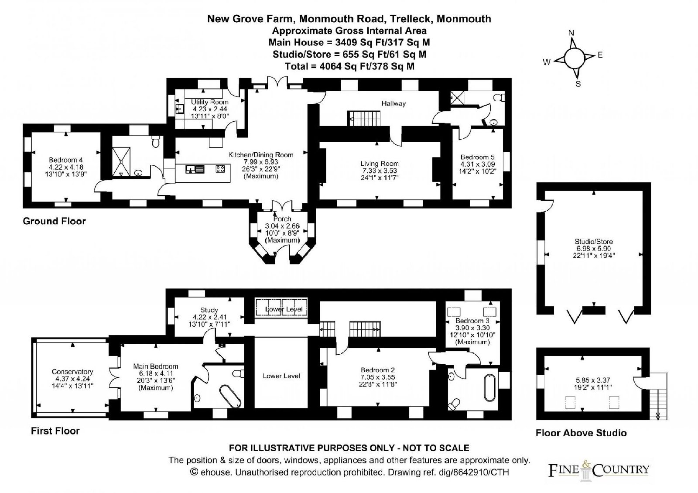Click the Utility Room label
coord(210,102)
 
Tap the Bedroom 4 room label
coord(66,160)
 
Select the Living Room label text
coord(380,164)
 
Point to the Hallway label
coord(393,103)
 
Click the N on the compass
coord(571,33)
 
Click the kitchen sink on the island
coord(195,169)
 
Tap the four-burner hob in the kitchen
coord(220,169)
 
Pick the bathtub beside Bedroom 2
coord(489,387)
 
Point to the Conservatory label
coord(72,372)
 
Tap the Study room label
coord(209,310)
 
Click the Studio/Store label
coord(594,242)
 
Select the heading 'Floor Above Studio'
coord(581,433)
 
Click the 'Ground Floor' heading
coord(54,221)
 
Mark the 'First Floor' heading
coord(55,431)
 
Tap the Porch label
coord(282,219)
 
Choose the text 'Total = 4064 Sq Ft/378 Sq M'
coord(349,66)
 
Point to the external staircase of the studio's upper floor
coord(658,396)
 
